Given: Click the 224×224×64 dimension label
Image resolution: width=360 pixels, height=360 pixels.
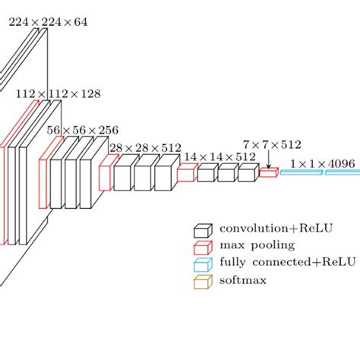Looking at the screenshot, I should pyautogui.click(x=47, y=22).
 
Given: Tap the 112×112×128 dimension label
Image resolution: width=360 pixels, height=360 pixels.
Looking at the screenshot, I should pyautogui.click(x=58, y=94).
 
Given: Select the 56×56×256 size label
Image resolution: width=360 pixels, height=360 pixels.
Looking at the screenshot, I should pyautogui.click(x=82, y=130).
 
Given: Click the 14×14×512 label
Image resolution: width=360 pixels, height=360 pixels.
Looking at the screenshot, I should pyautogui.click(x=219, y=156).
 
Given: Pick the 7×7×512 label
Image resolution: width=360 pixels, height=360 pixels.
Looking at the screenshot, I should pyautogui.click(x=272, y=144).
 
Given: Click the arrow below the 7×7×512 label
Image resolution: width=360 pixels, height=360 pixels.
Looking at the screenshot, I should pyautogui.click(x=268, y=159).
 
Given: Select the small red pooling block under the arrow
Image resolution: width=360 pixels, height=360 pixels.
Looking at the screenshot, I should pyautogui.click(x=268, y=173).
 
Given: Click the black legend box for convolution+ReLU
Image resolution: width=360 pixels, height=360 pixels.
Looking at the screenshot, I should pyautogui.click(x=202, y=230).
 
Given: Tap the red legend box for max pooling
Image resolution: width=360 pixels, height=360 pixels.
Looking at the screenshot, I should pyautogui.click(x=202, y=248).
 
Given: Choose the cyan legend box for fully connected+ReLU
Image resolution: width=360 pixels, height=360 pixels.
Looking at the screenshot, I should pyautogui.click(x=202, y=264).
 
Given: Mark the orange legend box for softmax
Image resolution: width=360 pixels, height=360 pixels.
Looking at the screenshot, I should pyautogui.click(x=202, y=282).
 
